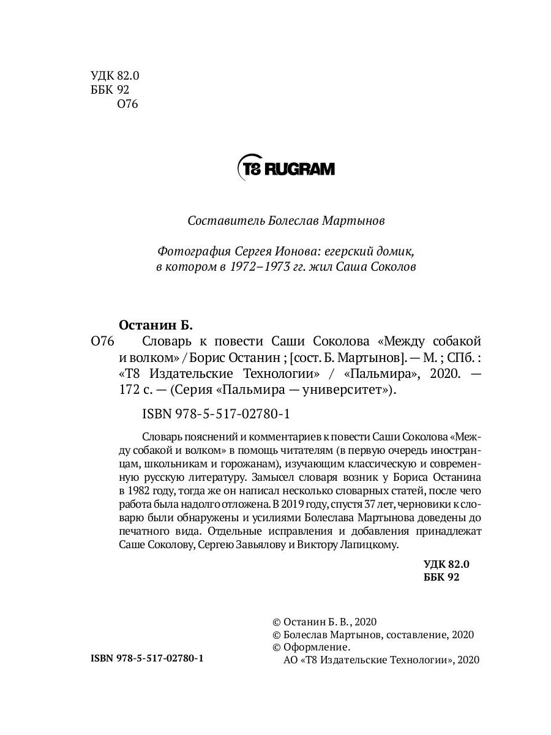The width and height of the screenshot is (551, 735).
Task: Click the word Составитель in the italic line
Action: click(219, 220)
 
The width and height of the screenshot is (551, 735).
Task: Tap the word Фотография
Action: click(193, 252)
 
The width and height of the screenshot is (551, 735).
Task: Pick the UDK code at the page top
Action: click(115, 76)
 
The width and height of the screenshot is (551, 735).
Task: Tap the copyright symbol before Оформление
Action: click(276, 647)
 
